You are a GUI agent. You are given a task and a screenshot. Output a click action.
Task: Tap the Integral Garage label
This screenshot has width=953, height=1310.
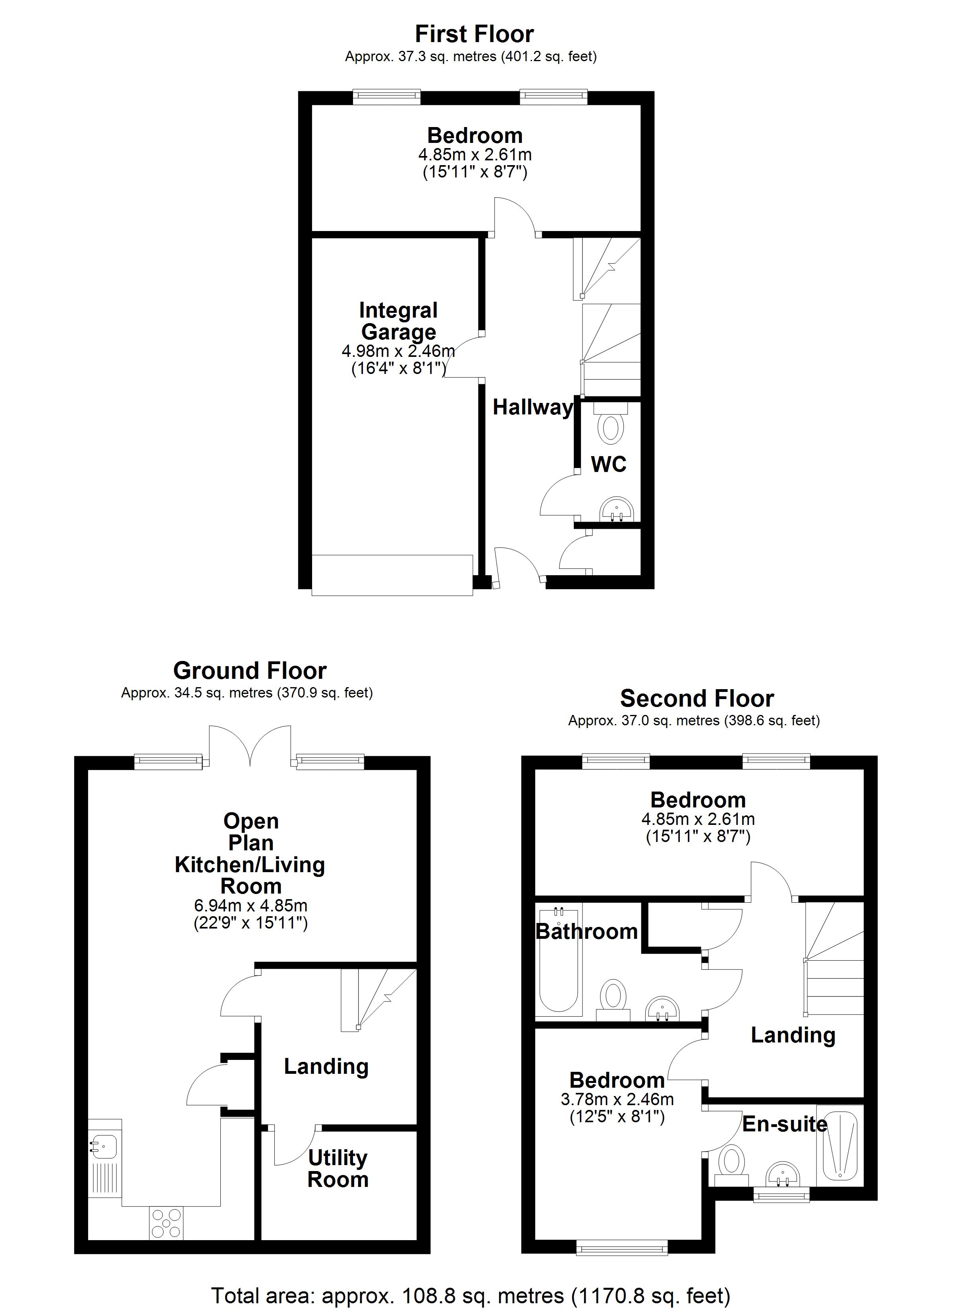click(x=398, y=321)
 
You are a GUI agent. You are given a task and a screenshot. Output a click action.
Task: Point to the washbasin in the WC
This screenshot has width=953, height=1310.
click(x=617, y=509)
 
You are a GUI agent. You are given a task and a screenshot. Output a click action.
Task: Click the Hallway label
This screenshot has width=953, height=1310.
click(x=532, y=408)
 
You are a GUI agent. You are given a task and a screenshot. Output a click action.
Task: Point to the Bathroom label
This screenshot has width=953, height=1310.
click(x=586, y=932)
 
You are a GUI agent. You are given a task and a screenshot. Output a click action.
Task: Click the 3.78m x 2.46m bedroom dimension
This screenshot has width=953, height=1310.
click(x=617, y=1108)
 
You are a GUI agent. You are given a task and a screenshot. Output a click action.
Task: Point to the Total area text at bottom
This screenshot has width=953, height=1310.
click(x=471, y=1296)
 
